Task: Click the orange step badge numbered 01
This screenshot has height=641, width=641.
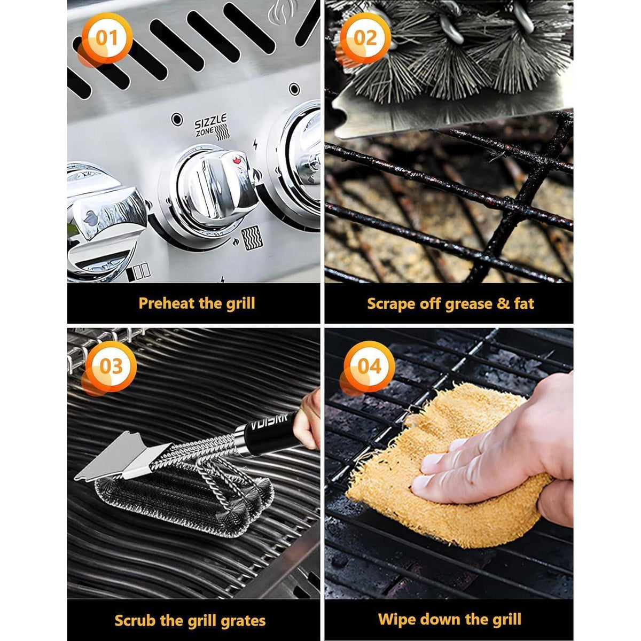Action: (106, 38)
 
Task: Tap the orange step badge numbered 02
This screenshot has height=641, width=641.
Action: (364, 38)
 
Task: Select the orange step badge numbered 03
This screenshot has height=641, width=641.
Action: (111, 367)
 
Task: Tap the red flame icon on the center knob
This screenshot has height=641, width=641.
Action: (237, 160)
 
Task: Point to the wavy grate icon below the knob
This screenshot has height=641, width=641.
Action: (252, 238)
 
